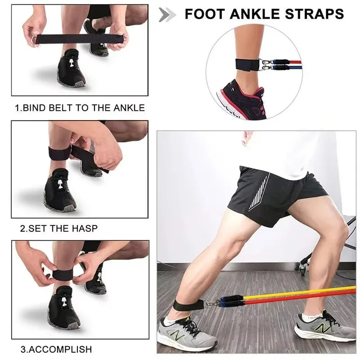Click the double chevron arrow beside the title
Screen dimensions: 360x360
[167, 14]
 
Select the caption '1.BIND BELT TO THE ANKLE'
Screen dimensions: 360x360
[80, 108]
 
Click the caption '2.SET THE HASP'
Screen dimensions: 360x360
[58, 229]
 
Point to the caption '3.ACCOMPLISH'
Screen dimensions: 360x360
[56, 349]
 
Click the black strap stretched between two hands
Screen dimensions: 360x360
[79, 39]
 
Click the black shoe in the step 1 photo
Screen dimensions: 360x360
[71, 70]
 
